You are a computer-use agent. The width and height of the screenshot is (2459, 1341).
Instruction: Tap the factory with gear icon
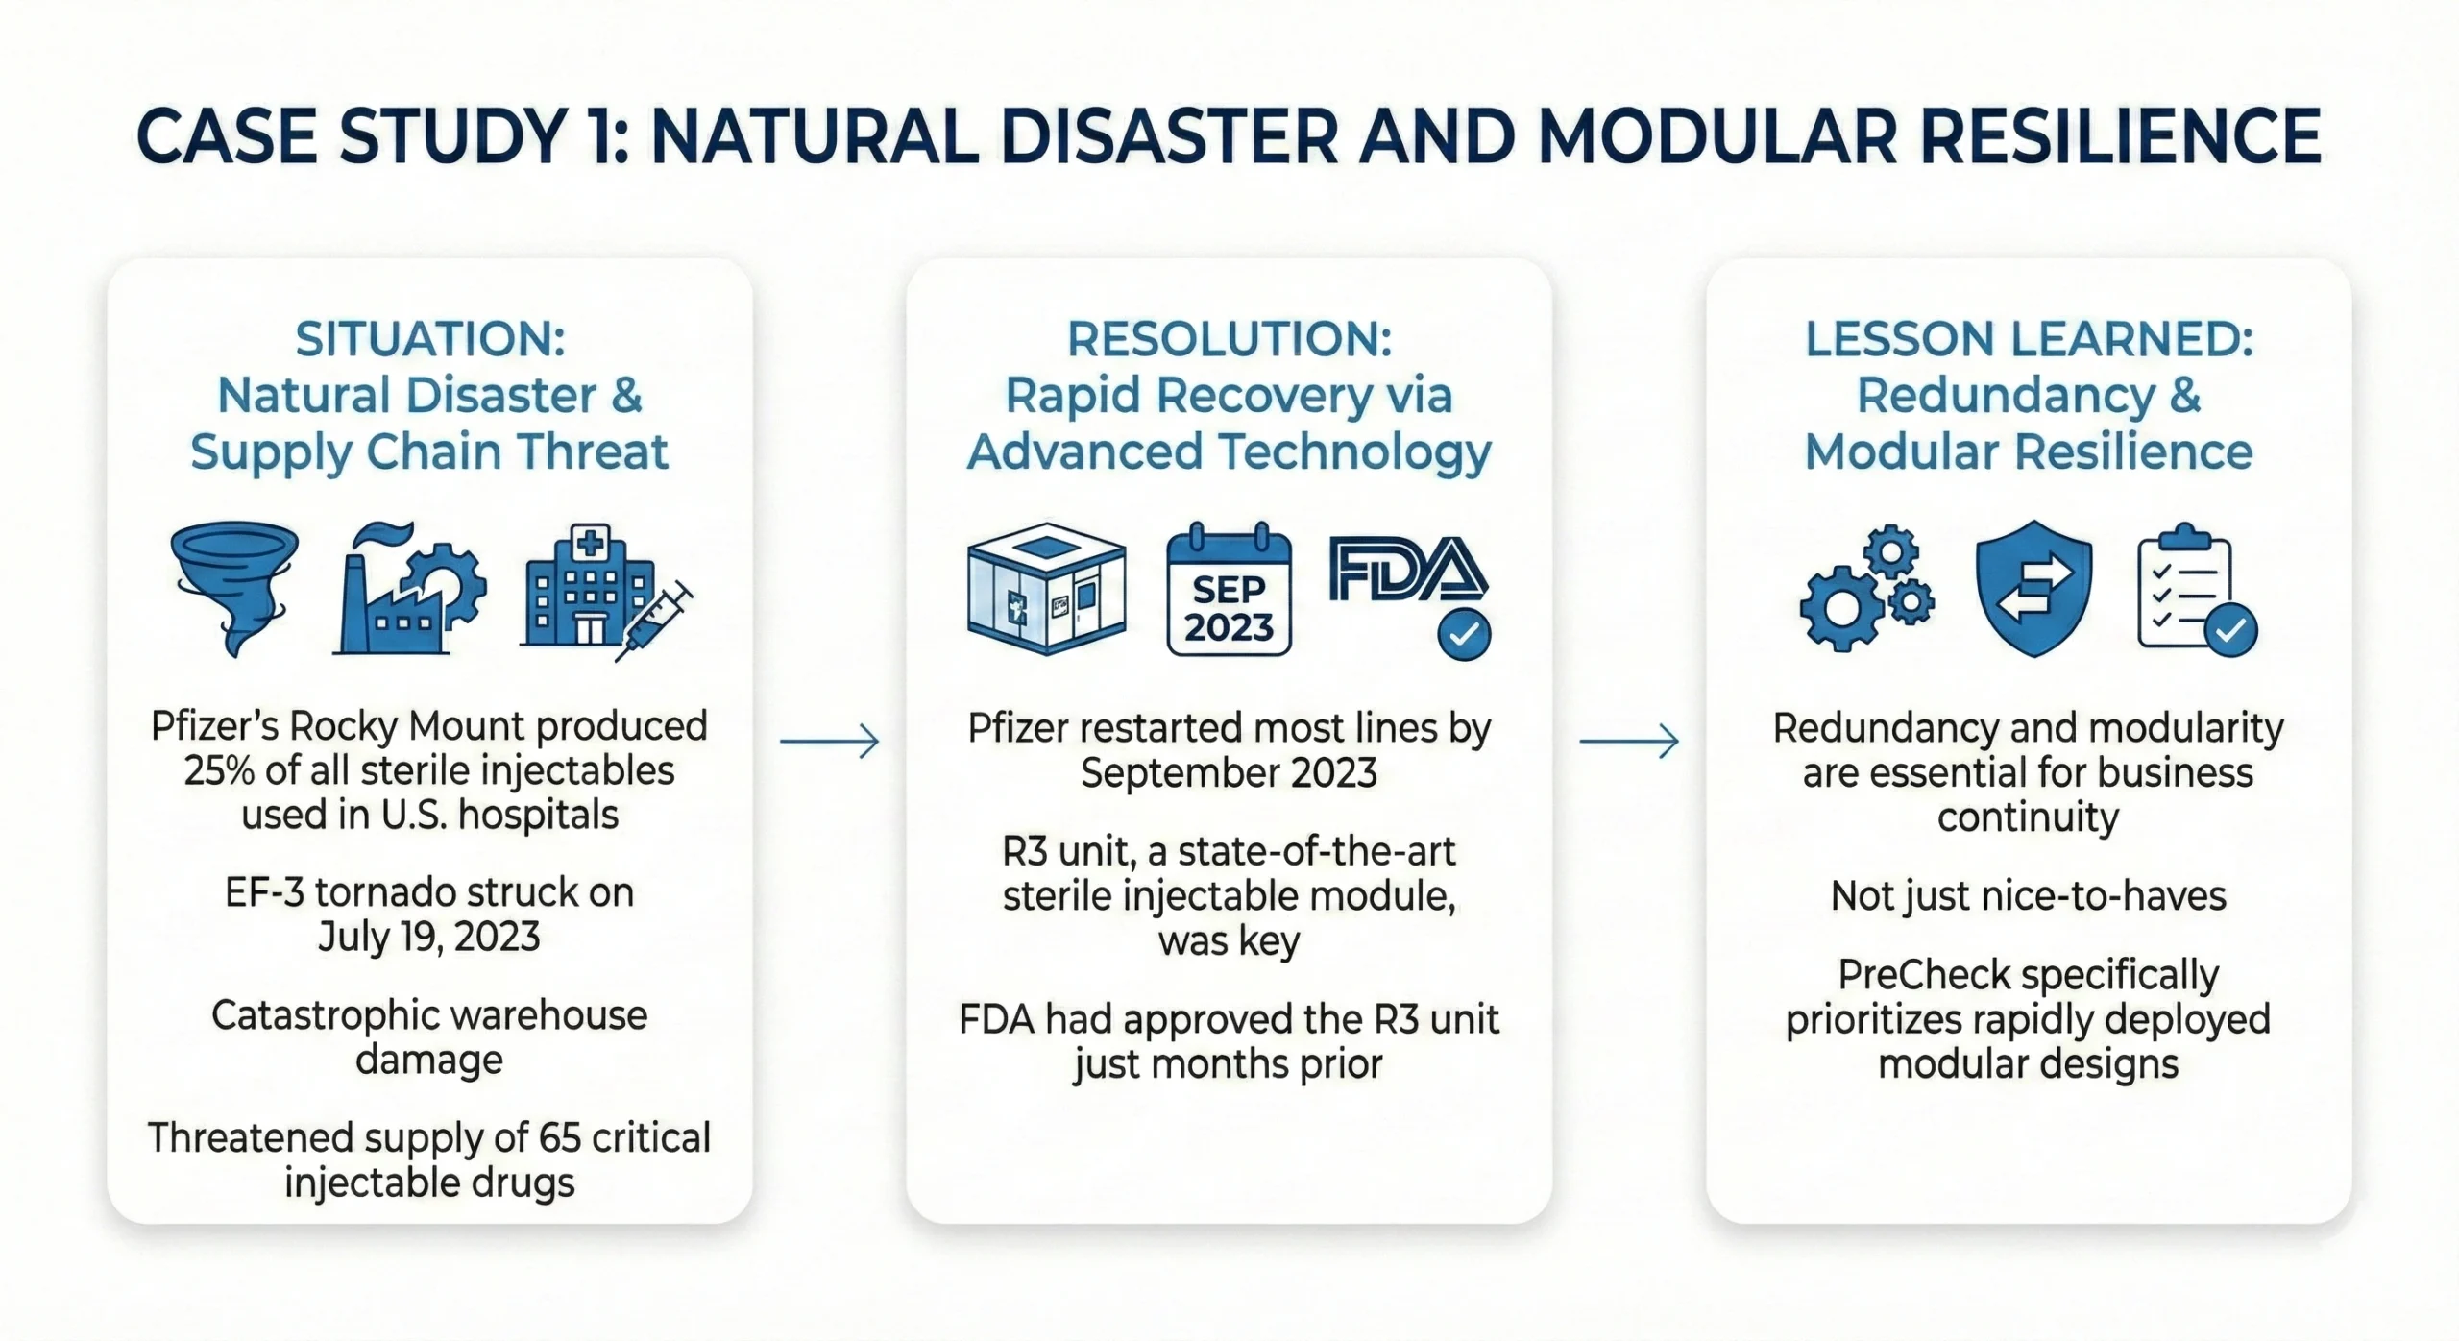[x=411, y=589]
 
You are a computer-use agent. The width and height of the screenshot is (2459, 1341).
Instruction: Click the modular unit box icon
[x=1046, y=589]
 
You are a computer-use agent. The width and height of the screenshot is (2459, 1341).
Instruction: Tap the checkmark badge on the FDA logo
[x=1463, y=634]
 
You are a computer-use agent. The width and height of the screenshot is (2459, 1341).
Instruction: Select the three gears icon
[x=1865, y=589]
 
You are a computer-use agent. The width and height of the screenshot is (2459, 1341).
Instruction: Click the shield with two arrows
[x=2033, y=589]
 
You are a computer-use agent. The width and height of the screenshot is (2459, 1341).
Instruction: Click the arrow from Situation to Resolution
[x=829, y=741]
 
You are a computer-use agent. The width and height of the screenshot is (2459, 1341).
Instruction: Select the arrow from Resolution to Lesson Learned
[x=1629, y=741]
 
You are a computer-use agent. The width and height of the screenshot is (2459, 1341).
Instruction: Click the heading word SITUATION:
[x=429, y=339]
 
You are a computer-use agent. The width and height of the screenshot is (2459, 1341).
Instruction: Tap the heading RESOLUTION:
[x=1229, y=339]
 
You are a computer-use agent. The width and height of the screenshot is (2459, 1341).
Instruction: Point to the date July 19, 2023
[x=428, y=937]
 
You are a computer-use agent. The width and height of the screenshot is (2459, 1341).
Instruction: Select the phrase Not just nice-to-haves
[x=2028, y=895]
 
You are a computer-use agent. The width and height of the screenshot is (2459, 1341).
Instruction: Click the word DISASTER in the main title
[x=1168, y=136]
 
